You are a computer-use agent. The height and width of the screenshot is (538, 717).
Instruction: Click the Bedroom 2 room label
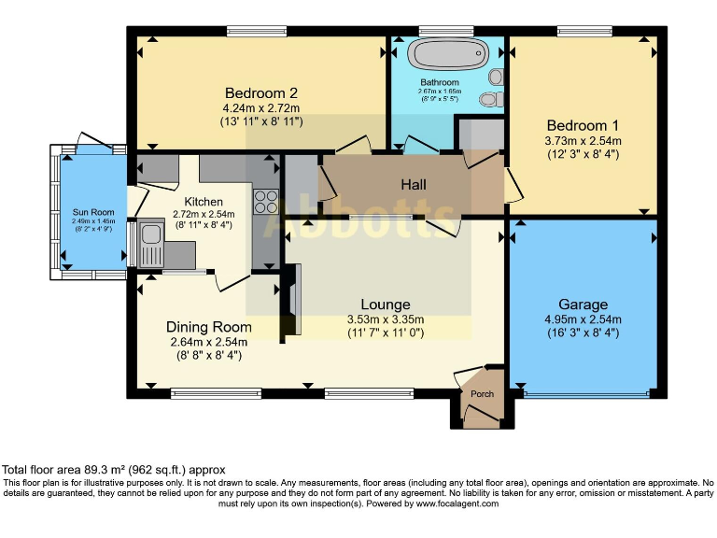(x=261, y=93)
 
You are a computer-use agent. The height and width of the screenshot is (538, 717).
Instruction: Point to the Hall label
(x=414, y=185)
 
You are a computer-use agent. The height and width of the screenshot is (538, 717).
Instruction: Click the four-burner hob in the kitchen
(x=265, y=204)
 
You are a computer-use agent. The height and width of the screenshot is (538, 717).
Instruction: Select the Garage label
(x=583, y=304)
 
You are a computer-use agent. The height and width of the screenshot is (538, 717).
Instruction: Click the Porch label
(x=482, y=393)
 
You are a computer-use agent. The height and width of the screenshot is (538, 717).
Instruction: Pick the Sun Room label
(x=87, y=212)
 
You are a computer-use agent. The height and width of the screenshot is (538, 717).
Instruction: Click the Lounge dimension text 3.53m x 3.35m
(x=386, y=319)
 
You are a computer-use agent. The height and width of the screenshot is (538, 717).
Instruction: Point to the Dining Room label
(x=209, y=327)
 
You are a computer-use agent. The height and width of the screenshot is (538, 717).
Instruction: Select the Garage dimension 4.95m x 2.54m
(x=583, y=319)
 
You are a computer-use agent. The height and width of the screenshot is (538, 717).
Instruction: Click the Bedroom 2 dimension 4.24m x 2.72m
(x=261, y=108)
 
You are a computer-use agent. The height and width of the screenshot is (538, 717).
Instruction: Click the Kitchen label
(x=204, y=202)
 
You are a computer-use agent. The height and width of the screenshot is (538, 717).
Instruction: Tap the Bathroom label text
(x=447, y=82)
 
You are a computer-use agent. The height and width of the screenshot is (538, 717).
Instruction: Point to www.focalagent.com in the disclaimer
(x=457, y=503)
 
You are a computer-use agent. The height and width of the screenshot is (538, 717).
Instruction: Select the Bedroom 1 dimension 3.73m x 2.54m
(x=583, y=141)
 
